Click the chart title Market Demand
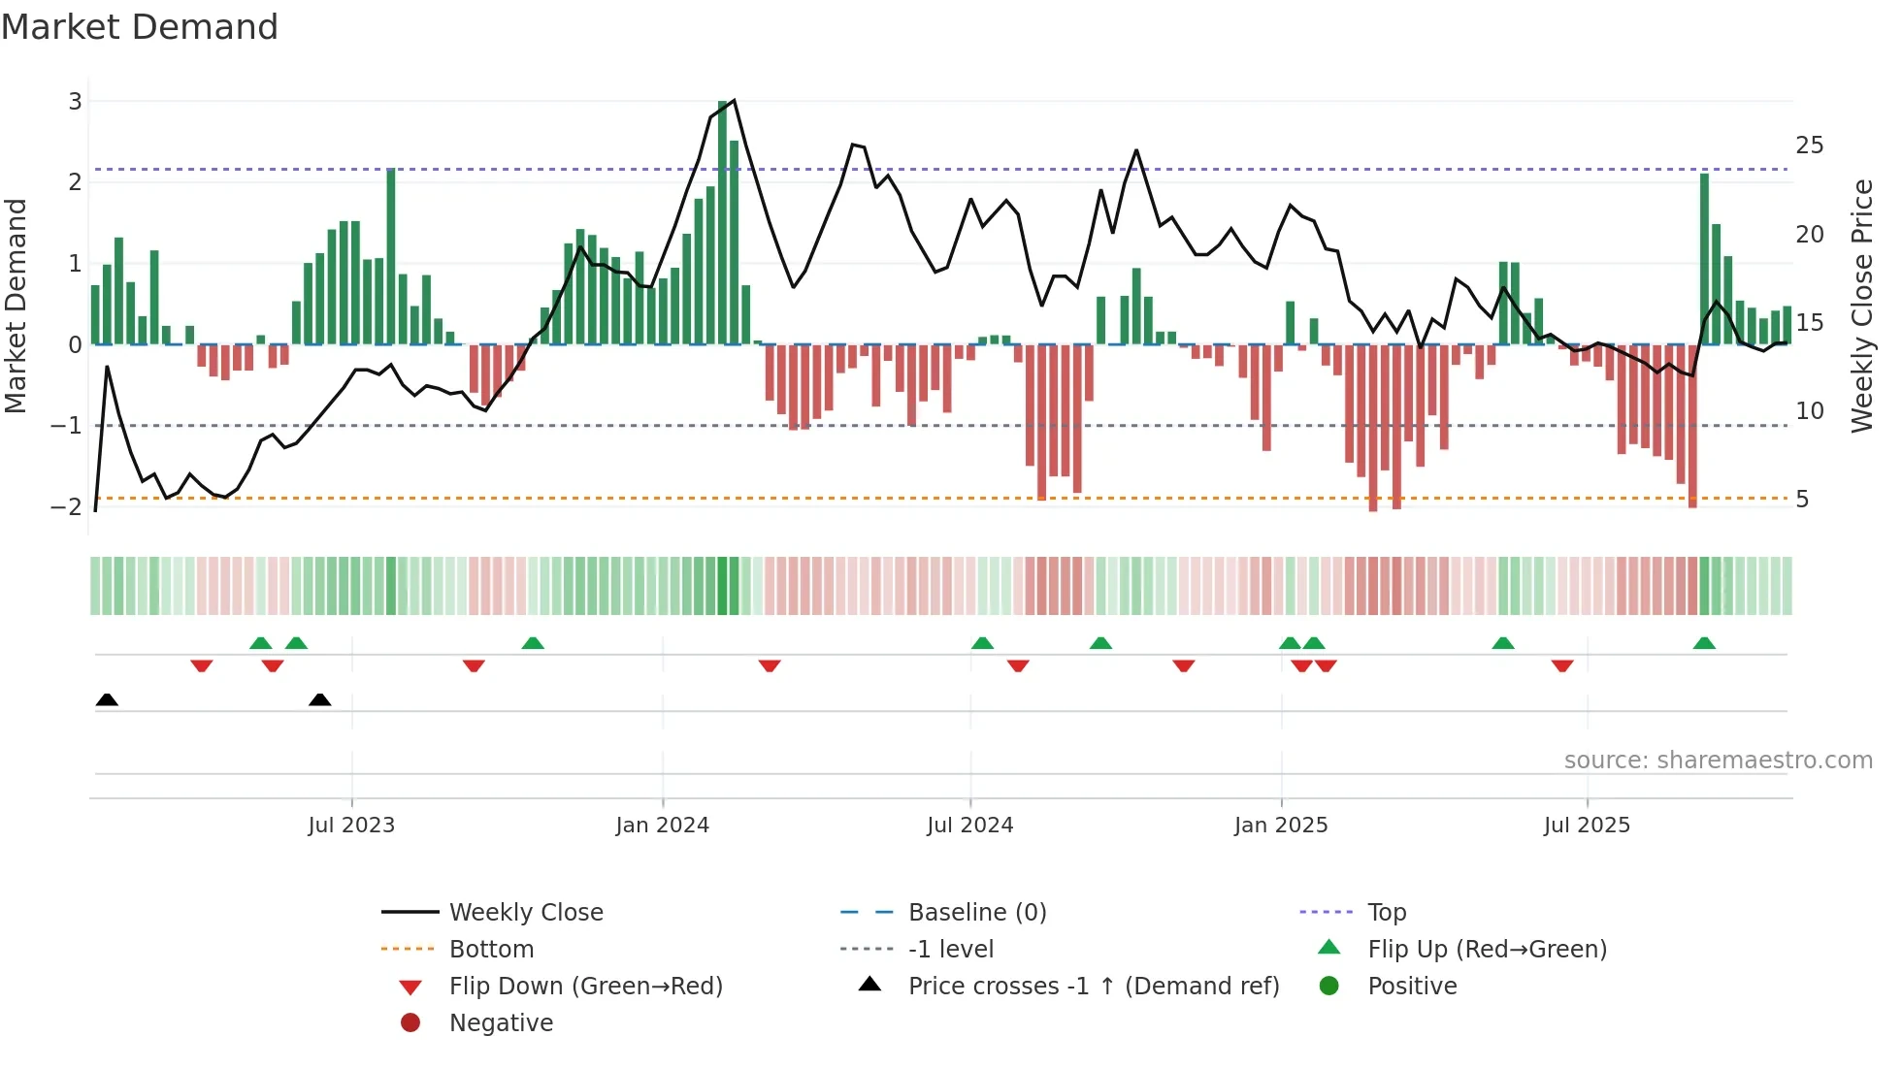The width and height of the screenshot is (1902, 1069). coord(140,27)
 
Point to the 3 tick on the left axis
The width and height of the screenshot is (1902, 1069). coord(75,101)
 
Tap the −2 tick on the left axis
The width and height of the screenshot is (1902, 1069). coord(66,506)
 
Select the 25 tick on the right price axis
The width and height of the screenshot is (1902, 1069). coord(1809,146)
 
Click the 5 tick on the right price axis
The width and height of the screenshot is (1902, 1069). coord(1802,500)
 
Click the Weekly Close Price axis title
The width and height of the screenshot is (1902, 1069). coord(1861,306)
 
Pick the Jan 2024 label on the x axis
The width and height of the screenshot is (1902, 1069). coord(662,826)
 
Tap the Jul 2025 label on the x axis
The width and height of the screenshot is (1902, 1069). coord(1587,826)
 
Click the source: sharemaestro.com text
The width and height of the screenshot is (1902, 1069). coord(1718,761)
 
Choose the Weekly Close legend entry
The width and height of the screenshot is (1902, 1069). coord(525,913)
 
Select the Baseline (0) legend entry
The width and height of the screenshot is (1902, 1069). coord(976,913)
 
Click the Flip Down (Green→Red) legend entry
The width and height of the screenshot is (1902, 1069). coord(585,987)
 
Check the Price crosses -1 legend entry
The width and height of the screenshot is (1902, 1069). coord(1093,987)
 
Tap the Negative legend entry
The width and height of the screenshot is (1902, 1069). coord(501,1023)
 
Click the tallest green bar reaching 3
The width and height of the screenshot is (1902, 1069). coord(723,223)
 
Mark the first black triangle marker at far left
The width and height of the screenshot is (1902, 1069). coord(107,699)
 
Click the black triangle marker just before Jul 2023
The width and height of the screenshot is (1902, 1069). coord(319,699)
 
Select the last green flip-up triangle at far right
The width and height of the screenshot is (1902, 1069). coord(1704,643)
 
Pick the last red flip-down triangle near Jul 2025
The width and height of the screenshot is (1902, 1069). coord(1562,665)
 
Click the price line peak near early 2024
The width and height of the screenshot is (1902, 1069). coord(734,100)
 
